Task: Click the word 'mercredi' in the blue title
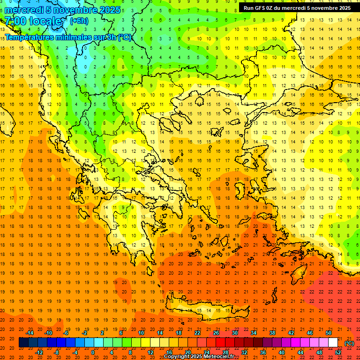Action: click(24, 10)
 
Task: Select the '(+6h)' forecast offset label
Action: click(79, 21)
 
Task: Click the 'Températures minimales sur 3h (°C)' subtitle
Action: click(68, 37)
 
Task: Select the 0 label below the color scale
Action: click(93, 352)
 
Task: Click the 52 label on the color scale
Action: click(338, 352)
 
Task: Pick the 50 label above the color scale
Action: click(329, 333)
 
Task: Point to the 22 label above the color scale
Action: click(197, 333)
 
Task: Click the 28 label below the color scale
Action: click(225, 352)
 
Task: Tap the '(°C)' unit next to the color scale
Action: click(349, 343)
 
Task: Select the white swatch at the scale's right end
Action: click(333, 343)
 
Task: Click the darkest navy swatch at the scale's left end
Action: click(23, 343)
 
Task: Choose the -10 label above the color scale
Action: click(48, 333)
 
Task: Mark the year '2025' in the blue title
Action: click(108, 10)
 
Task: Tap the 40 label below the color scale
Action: click(282, 352)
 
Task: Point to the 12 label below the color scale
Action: click(150, 352)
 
